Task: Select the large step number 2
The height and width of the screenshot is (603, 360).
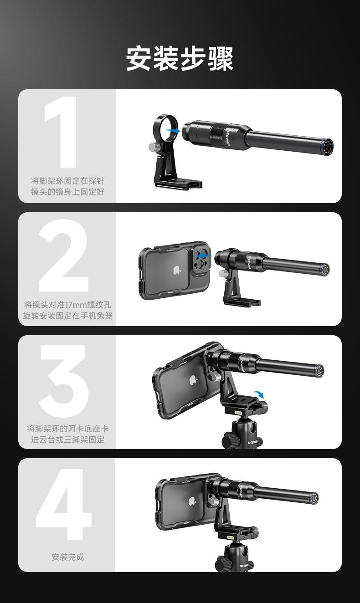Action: tap(63, 256)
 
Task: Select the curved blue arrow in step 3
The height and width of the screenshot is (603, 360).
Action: tap(259, 394)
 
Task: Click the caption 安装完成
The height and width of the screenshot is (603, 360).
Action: tap(67, 557)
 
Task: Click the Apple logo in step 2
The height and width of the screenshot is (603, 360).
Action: tap(176, 270)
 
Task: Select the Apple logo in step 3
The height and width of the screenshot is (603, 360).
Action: tap(193, 380)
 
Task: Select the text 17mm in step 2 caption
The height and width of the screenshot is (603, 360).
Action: tap(80, 305)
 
